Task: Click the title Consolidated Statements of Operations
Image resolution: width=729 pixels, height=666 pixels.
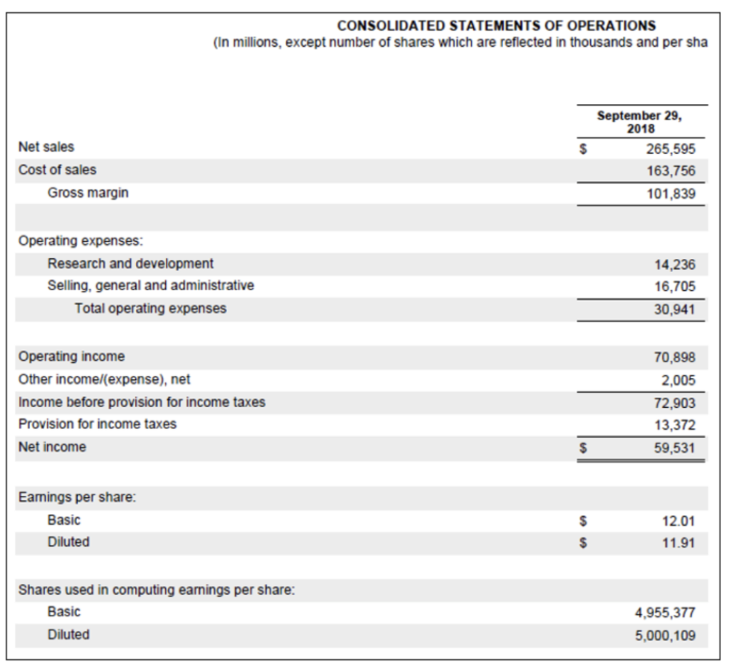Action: pyautogui.click(x=496, y=26)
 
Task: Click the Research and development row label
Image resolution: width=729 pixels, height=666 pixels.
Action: pyautogui.click(x=130, y=263)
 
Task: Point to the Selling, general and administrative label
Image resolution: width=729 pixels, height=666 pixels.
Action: pyautogui.click(x=150, y=285)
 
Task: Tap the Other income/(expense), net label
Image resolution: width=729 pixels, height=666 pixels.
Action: pyautogui.click(x=104, y=379)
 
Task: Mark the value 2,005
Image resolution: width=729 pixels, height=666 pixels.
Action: pyautogui.click(x=678, y=380)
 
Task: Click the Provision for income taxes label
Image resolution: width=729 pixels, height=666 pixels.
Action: pyautogui.click(x=98, y=424)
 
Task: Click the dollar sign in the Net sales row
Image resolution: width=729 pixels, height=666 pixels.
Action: pyautogui.click(x=584, y=149)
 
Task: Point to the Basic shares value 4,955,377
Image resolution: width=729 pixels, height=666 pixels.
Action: pyautogui.click(x=666, y=613)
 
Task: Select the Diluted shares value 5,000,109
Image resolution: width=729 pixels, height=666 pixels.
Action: pyautogui.click(x=666, y=635)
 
